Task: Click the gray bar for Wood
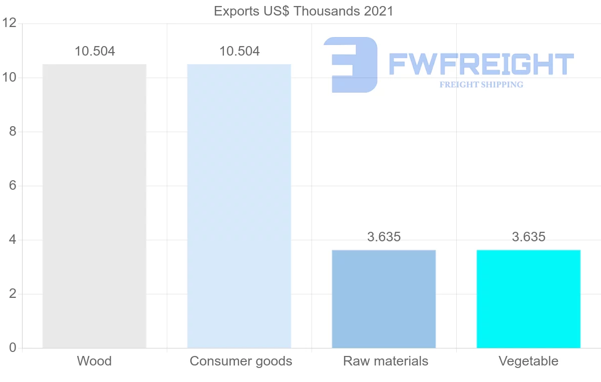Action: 94,206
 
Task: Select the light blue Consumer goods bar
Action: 239,206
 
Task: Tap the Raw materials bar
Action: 384,298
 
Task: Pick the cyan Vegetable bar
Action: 528,298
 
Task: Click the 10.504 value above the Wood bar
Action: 95,51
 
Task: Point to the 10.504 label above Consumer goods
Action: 239,51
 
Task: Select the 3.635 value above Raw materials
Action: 384,237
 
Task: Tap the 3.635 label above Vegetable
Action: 528,237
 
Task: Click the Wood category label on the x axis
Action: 94,361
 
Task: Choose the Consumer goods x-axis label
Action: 241,361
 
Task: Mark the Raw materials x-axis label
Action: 386,361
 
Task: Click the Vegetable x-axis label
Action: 528,361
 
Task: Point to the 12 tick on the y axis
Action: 10,24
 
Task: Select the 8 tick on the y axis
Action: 13,132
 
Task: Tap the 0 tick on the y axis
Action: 13,348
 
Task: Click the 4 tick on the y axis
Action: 13,240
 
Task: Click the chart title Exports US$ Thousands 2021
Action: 304,11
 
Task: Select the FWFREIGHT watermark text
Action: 481,65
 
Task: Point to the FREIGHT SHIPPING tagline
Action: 481,85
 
